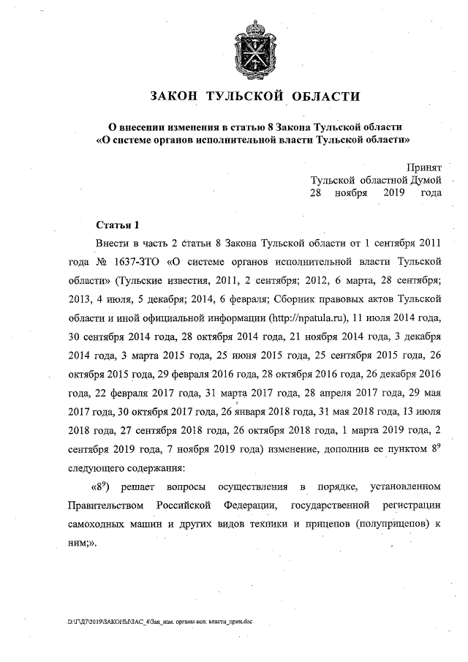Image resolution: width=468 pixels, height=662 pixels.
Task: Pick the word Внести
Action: [x=113, y=242]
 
